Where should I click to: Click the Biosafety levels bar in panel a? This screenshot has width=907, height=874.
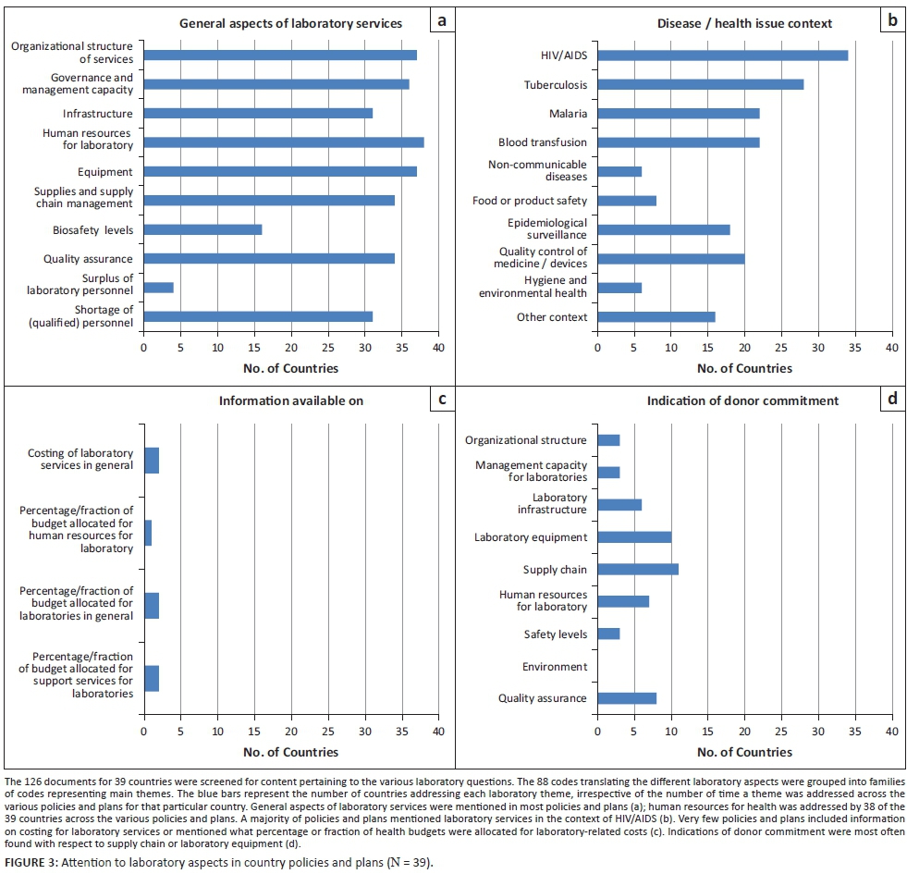click(202, 229)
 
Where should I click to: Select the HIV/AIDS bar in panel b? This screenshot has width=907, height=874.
click(722, 55)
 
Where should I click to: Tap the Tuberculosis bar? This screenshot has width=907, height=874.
click(700, 84)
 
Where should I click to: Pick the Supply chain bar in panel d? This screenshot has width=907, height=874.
click(638, 569)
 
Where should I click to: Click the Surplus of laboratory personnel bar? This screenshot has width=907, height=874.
click(158, 287)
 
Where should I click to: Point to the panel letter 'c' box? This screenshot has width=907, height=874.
click(442, 400)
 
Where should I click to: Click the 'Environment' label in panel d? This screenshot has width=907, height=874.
click(554, 666)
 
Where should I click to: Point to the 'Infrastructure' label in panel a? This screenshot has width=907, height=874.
click(97, 114)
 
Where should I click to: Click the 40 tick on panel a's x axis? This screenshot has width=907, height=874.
click(439, 348)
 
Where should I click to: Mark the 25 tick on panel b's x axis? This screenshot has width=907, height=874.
click(781, 348)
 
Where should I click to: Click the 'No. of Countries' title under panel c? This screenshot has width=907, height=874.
click(291, 752)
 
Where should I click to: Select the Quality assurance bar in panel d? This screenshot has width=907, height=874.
click(627, 698)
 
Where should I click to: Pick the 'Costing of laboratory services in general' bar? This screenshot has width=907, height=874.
click(151, 460)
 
